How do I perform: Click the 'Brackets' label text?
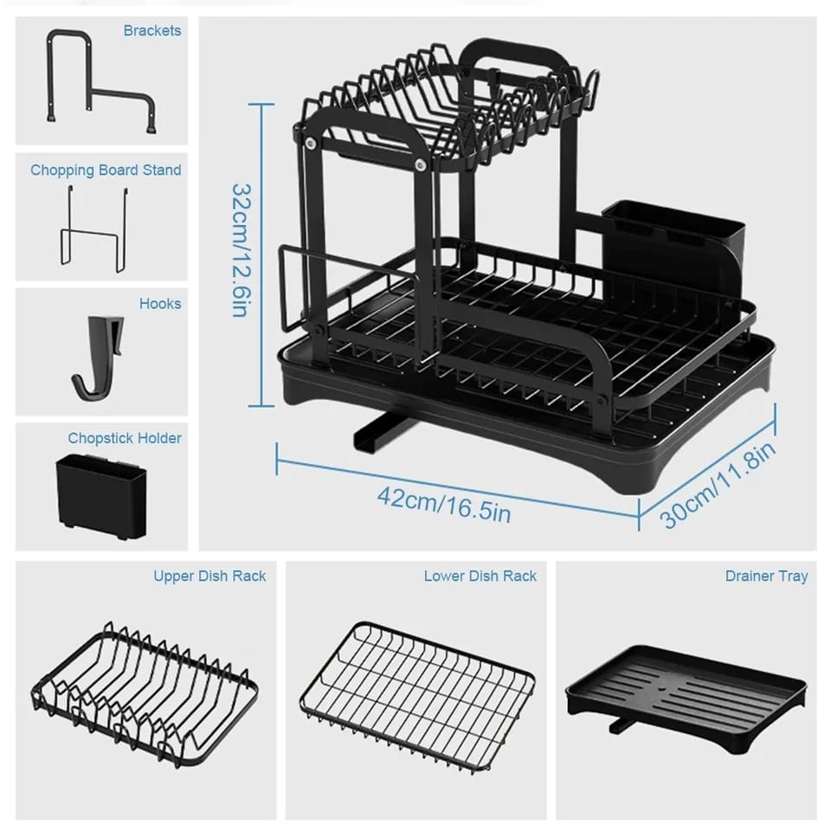tap(152, 31)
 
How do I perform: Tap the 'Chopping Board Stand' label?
tap(106, 170)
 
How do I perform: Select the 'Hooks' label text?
tap(160, 304)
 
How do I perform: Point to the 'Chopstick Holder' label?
tap(125, 438)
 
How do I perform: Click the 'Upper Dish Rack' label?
tap(209, 576)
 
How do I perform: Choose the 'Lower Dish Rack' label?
tap(480, 576)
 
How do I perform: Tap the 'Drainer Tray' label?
tap(766, 576)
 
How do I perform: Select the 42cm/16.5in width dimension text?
tap(443, 504)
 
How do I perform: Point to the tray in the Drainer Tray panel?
tap(686, 692)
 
